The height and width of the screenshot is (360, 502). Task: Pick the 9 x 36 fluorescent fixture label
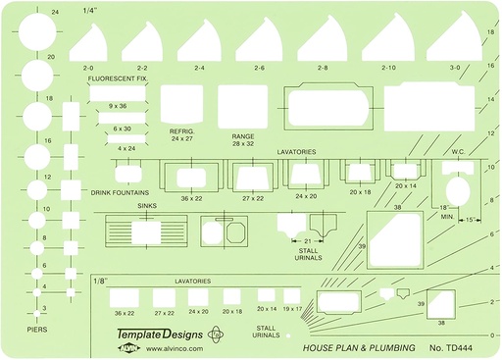point(118,105)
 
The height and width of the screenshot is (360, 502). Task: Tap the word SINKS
point(148,207)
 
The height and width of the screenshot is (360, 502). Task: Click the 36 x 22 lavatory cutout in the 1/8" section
point(125,297)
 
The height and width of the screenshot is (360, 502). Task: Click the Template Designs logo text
point(157,334)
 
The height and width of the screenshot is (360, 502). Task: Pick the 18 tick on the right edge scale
point(490,33)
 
